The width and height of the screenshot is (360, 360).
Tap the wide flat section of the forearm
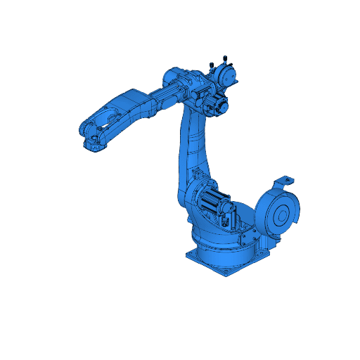tap(134, 105)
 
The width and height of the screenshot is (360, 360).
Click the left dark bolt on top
tap(211, 66)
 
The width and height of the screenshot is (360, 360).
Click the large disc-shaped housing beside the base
tap(278, 214)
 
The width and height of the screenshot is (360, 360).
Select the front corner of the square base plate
tap(226, 273)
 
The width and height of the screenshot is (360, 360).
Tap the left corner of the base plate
tap(188, 254)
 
